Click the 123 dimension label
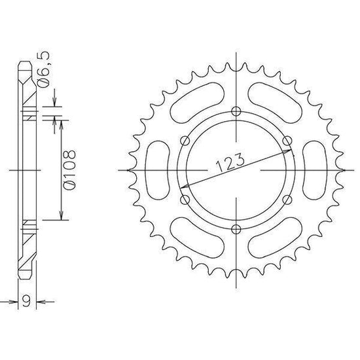(230, 162)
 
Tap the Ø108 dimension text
(69, 170)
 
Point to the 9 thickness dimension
(27, 301)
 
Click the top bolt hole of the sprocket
(236, 111)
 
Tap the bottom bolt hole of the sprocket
(236, 229)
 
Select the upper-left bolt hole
(185, 141)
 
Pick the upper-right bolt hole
(287, 141)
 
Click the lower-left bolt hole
(185, 200)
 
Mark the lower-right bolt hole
(287, 200)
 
